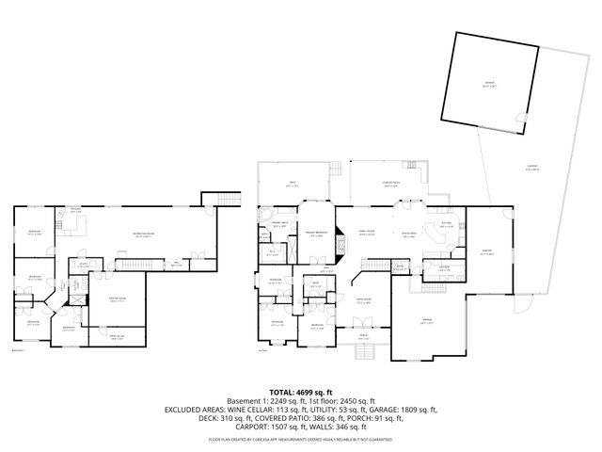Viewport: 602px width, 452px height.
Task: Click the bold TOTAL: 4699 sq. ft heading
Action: pos(300,391)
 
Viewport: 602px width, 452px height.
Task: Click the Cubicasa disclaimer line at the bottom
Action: pos(300,439)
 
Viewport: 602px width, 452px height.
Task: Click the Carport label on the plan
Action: pos(532,169)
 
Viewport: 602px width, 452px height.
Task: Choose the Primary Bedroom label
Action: pos(315,233)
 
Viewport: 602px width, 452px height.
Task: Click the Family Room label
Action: pos(366,232)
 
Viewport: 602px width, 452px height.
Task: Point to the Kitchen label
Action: pos(447,225)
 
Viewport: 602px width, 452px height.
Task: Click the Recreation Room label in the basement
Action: pos(144,234)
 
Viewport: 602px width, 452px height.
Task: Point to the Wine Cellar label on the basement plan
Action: pos(117,339)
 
